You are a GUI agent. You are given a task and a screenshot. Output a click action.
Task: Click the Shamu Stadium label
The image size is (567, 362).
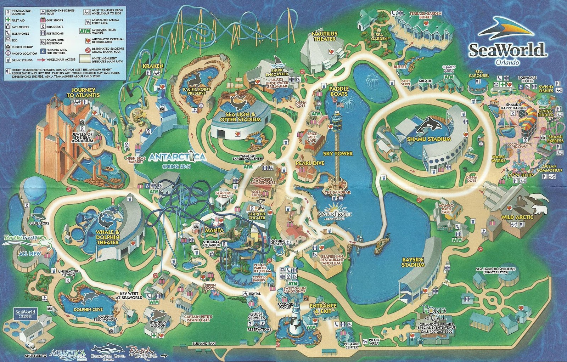click(x=429, y=139)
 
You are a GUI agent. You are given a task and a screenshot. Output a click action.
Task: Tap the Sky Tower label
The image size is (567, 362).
click(x=338, y=154)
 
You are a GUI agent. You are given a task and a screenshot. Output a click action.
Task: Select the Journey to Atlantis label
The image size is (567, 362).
click(x=83, y=92)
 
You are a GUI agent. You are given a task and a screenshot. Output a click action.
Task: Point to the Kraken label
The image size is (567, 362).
click(x=153, y=66)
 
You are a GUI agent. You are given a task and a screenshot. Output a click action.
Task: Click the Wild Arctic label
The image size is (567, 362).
click(x=517, y=217)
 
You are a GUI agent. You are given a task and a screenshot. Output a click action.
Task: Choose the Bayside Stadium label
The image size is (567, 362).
click(x=413, y=262)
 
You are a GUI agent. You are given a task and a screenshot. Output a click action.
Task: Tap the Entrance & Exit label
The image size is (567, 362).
click(x=323, y=308)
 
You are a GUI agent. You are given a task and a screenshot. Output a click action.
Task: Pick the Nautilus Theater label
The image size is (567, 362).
click(x=325, y=36)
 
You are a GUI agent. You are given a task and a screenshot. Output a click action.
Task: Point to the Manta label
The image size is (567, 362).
click(x=214, y=230)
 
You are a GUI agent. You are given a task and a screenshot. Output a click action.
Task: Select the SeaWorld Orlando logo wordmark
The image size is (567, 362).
click(x=506, y=50)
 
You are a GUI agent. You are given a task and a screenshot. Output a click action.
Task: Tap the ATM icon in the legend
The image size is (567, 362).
click(x=85, y=31)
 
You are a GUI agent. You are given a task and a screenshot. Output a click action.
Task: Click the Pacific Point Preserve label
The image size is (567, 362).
click(x=197, y=91)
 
